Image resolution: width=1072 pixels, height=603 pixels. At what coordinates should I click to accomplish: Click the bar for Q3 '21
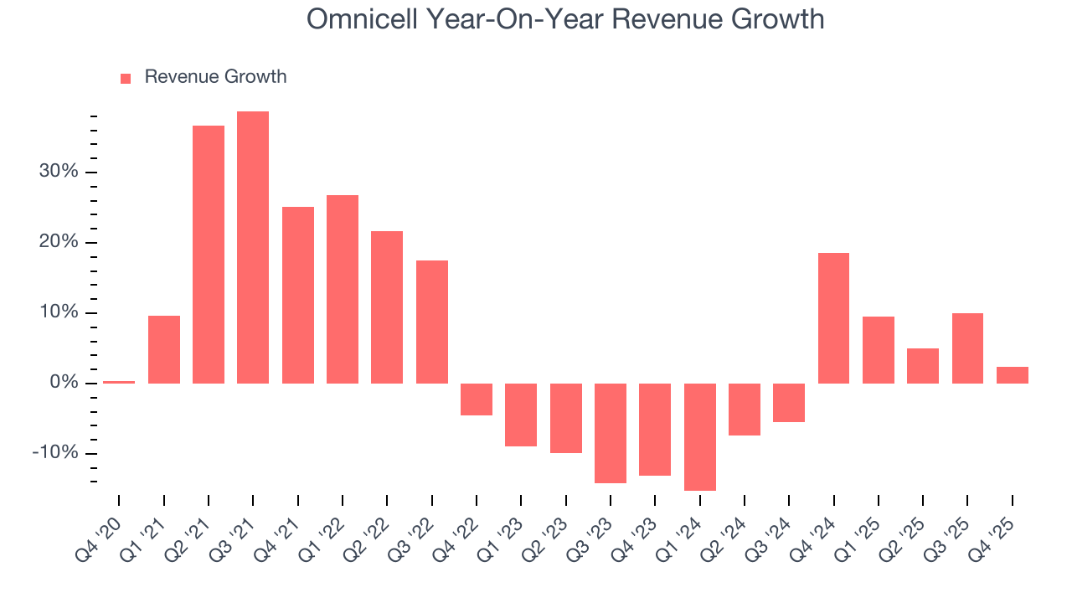[253, 247]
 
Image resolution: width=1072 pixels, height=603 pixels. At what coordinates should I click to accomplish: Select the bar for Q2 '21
[209, 255]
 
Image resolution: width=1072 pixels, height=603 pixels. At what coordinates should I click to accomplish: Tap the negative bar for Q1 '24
[700, 436]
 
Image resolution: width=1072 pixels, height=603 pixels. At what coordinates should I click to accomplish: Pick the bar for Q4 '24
[833, 318]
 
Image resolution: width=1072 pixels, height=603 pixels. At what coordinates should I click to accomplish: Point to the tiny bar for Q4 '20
[119, 382]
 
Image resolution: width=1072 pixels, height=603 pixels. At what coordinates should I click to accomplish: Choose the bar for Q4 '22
[477, 399]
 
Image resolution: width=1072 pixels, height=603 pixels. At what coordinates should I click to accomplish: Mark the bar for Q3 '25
[967, 348]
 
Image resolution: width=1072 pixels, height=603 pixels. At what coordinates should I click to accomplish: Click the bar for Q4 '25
[1012, 375]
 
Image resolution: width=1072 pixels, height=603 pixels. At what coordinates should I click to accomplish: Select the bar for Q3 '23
[611, 433]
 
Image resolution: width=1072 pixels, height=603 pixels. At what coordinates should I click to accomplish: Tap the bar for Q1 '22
[343, 289]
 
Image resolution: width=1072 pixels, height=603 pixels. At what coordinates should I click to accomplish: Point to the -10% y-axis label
[55, 453]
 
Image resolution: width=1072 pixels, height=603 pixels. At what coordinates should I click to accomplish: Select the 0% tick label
[64, 383]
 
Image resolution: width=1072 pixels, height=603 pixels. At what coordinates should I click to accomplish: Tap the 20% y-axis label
[59, 242]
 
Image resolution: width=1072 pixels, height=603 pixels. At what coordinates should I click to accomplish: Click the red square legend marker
[126, 78]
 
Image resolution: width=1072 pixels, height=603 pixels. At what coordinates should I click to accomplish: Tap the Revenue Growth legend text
[215, 77]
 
